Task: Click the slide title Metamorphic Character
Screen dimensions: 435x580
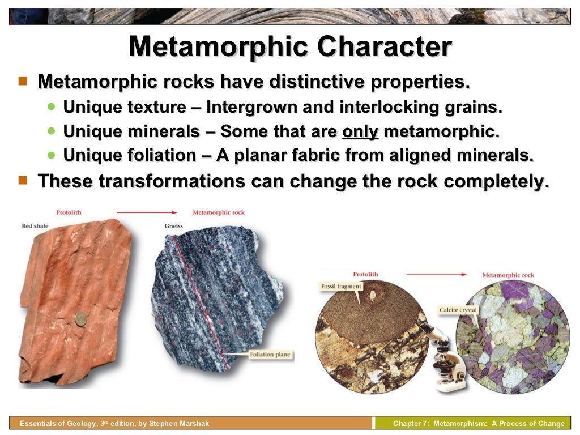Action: click(290, 46)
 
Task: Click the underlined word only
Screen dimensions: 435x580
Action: click(360, 131)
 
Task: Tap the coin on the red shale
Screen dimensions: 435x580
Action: click(80, 319)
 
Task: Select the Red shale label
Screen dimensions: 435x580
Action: click(35, 226)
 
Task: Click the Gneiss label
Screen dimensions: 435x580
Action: click(173, 225)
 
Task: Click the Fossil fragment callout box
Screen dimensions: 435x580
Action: click(340, 287)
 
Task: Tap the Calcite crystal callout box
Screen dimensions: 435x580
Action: click(458, 310)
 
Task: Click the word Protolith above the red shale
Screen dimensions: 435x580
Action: click(69, 212)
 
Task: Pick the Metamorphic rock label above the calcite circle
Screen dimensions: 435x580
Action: click(508, 275)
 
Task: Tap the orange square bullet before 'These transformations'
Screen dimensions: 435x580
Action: click(23, 180)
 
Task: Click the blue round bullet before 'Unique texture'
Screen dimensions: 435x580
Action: click(52, 106)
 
